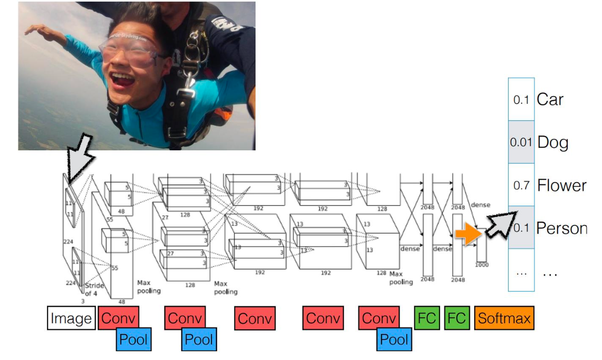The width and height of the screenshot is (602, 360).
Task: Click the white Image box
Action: [72, 319]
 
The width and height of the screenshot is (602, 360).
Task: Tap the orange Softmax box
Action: [504, 319]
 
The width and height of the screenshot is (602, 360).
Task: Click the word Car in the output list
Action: [550, 99]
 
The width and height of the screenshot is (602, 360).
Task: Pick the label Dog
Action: [552, 142]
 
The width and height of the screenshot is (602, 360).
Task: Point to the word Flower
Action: [562, 185]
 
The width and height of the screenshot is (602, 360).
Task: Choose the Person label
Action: [561, 228]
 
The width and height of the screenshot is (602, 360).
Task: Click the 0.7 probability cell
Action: [521, 185]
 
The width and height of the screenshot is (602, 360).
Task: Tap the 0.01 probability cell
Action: [521, 142]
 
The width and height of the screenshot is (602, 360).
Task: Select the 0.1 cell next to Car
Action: [521, 100]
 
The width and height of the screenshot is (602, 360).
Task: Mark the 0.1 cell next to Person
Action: [521, 228]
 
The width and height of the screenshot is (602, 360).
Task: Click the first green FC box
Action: [427, 319]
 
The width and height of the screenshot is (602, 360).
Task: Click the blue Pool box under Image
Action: [134, 340]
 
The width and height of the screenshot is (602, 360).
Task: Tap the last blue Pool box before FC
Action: [394, 340]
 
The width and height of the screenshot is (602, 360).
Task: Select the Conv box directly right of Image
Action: [118, 319]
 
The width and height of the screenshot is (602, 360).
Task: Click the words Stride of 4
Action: [94, 289]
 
